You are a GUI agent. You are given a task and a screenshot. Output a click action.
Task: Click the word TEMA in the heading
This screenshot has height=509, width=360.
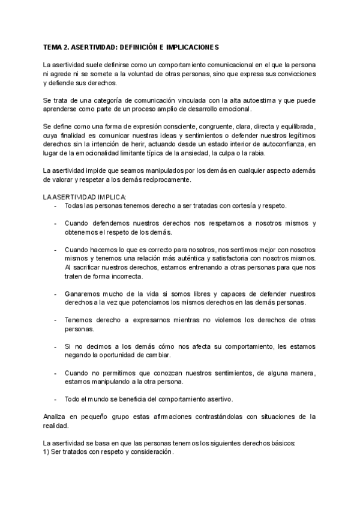coord(53,46)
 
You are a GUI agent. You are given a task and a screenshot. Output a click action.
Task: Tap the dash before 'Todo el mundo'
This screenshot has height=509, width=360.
coord(55,399)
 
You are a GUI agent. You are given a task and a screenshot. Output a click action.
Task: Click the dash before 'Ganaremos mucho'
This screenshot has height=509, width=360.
coord(55,294)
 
